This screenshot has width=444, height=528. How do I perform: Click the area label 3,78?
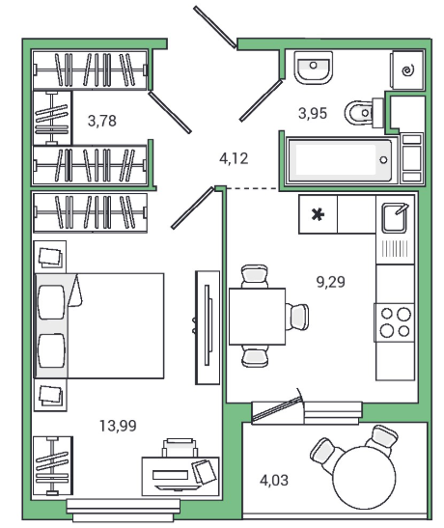tap(102, 121)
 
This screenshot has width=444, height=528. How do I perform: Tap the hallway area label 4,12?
tap(234, 158)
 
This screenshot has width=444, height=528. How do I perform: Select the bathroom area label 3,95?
tap(313, 113)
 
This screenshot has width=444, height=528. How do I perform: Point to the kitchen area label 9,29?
tap(330, 282)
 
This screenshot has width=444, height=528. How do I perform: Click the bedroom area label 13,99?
tap(118, 426)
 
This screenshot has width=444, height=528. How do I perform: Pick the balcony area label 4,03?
tap(274, 480)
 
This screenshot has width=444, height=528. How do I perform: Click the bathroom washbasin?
tap(314, 68)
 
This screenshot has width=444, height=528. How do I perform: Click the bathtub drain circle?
tap(383, 160)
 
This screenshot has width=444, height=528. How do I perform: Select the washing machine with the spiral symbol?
tap(407, 70)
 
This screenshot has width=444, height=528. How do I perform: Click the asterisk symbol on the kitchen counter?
tap(318, 214)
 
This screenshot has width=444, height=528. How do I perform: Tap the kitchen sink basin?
tap(394, 218)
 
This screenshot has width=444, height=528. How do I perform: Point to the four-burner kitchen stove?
tap(395, 322)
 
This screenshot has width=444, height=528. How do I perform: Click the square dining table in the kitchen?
tap(257, 317)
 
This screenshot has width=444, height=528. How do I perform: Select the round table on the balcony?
tap(364, 477)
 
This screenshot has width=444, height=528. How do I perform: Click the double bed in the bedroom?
tap(99, 325)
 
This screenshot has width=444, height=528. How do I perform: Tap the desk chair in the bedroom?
tap(180, 448)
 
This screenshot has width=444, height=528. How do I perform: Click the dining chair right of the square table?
tap(297, 317)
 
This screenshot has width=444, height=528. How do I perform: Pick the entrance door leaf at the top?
tap(214, 27)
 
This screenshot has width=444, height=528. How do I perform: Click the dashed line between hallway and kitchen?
tap(252, 188)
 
